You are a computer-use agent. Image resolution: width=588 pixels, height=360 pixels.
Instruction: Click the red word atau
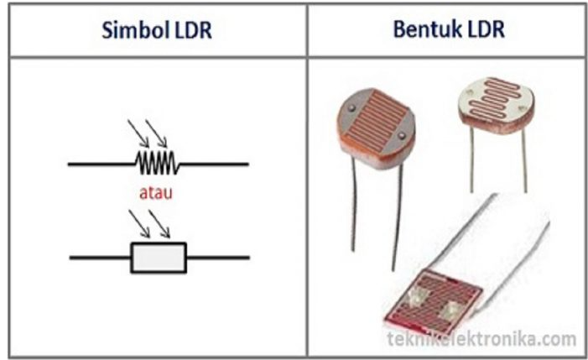coord(156,192)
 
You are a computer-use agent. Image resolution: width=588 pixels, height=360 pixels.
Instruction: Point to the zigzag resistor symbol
coord(157,163)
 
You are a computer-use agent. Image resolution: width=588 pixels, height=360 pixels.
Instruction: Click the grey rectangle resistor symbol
coord(159,258)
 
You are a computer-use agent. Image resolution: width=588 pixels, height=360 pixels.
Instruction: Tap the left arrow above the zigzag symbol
coord(138,133)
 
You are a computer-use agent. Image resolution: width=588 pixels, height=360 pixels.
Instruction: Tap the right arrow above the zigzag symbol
coord(156,133)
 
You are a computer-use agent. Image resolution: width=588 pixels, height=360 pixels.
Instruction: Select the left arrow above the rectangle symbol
coord(139,223)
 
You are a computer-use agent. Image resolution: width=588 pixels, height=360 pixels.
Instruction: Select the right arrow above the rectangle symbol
coord(159,223)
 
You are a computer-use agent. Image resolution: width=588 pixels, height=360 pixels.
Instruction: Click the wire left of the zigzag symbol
coord(101,164)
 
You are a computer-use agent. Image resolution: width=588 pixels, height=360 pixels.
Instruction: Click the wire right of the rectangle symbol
coord(218,258)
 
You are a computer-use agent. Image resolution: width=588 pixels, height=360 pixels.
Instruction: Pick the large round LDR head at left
coord(376,128)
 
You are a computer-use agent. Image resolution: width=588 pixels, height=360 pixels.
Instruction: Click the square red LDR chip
coord(432,302)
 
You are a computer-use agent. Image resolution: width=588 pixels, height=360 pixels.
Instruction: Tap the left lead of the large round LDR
coord(353,204)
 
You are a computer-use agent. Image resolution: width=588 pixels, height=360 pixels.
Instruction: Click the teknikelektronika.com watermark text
coord(481,339)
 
